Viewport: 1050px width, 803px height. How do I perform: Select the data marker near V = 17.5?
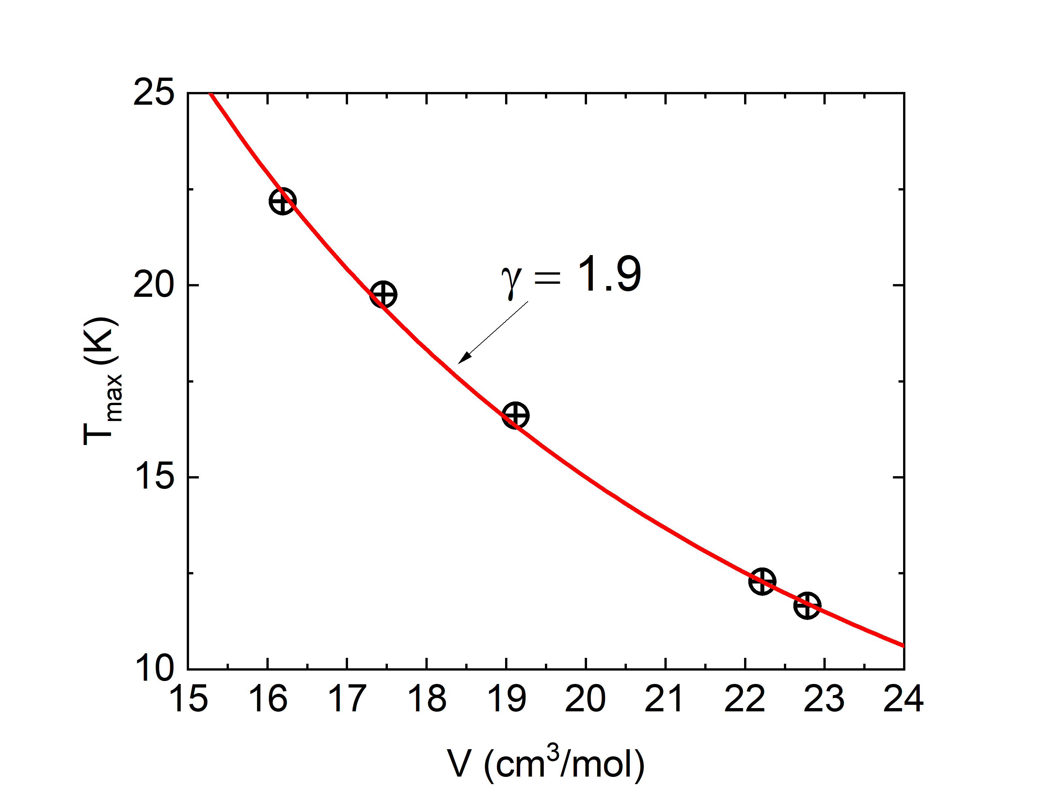click(x=384, y=295)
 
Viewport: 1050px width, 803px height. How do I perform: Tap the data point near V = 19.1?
click(x=515, y=415)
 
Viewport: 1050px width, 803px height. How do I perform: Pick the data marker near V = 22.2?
click(x=762, y=582)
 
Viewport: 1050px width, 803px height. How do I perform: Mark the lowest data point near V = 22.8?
click(x=807, y=606)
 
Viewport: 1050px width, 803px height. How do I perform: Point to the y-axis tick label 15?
click(x=153, y=477)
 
